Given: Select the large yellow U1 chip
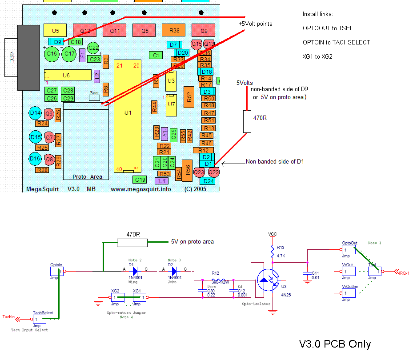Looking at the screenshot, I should [128, 113].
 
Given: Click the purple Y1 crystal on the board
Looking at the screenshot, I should [164, 133].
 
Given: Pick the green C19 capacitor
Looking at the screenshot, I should [140, 180].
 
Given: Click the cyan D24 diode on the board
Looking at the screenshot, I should [208, 181].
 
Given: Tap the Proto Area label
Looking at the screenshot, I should [87, 176].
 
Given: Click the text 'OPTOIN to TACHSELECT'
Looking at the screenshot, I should [336, 42].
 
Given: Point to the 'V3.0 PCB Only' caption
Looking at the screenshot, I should [335, 344].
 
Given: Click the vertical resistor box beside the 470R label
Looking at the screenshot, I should [247, 121].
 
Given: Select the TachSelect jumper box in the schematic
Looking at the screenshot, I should [43, 319].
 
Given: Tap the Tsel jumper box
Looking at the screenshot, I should [373, 272].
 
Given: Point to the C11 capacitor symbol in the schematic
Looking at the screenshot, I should [307, 273].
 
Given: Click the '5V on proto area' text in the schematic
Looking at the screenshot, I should [192, 242].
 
